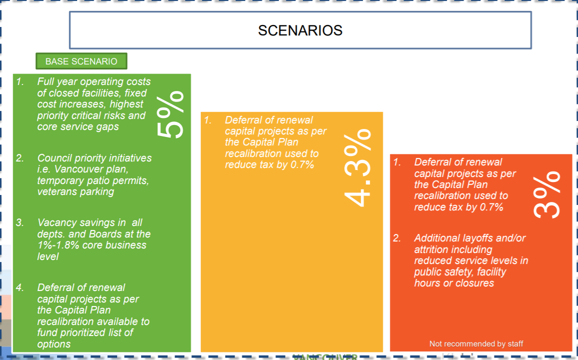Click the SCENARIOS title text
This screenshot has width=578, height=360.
click(x=300, y=30)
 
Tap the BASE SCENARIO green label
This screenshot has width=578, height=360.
click(x=82, y=61)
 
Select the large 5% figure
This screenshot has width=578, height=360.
click(x=170, y=114)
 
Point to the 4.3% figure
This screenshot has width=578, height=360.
click(x=357, y=167)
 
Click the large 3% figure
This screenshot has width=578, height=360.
click(x=546, y=194)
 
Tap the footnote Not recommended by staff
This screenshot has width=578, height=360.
click(x=476, y=344)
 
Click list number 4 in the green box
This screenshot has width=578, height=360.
click(x=20, y=287)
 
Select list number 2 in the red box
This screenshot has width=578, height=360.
click(x=397, y=238)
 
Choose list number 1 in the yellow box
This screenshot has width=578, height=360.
click(x=208, y=120)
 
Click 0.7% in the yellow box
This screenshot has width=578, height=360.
click(x=302, y=164)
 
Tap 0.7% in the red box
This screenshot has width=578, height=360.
click(x=491, y=207)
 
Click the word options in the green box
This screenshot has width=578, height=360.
click(x=54, y=344)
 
